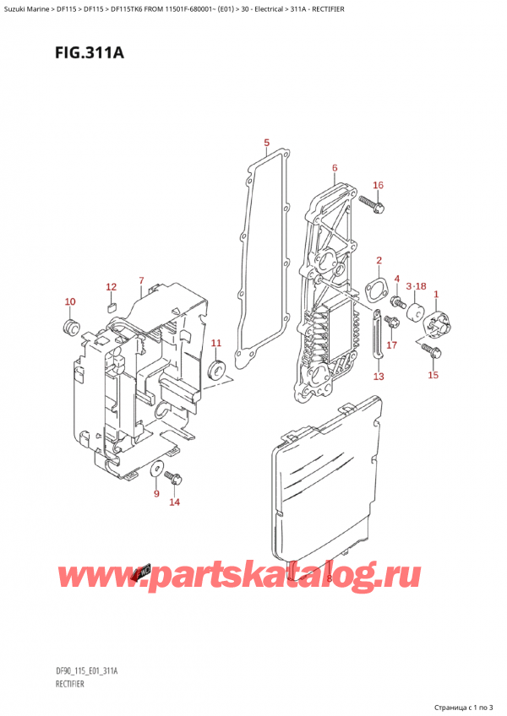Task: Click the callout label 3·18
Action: [415, 287]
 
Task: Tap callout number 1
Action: [436, 294]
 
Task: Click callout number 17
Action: [391, 344]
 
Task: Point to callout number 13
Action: [378, 376]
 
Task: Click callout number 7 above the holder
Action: [141, 280]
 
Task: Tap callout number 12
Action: [111, 287]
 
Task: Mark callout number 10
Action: [70, 301]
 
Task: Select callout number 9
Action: [156, 494]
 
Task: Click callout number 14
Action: [174, 503]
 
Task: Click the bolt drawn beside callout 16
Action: [371, 203]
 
